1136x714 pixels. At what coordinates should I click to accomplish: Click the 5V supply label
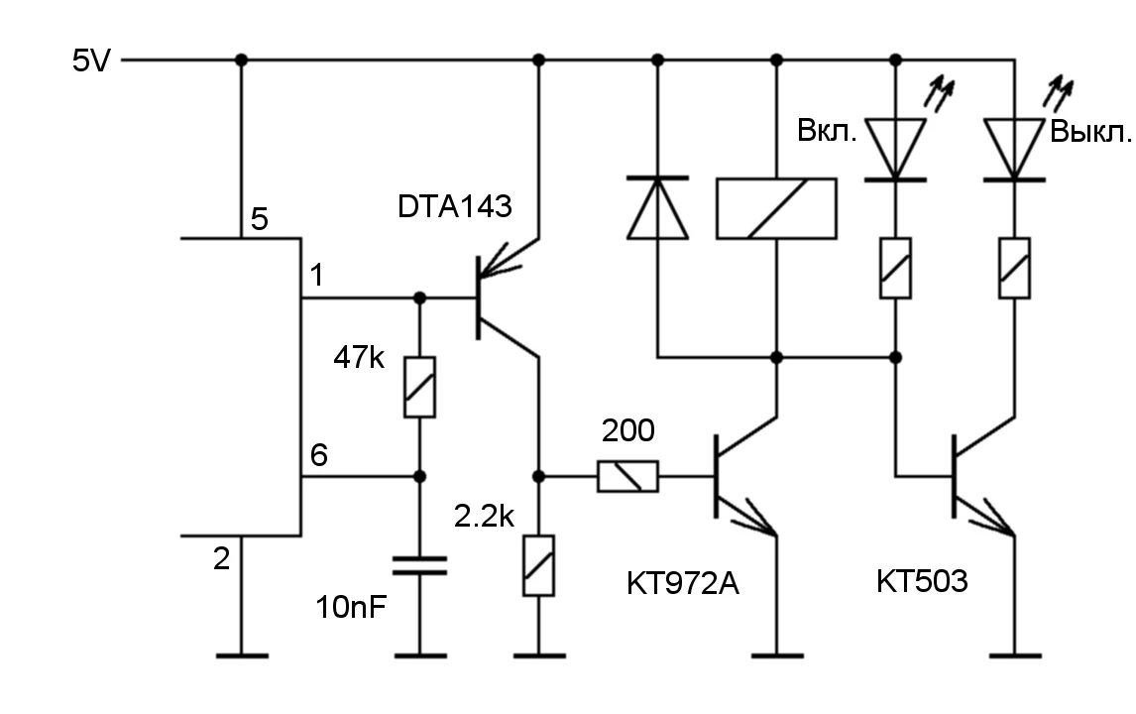point(92,60)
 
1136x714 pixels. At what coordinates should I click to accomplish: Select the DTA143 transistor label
point(455,207)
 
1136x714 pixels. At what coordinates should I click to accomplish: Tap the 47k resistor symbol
point(419,387)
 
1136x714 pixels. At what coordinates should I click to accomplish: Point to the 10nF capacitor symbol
point(419,566)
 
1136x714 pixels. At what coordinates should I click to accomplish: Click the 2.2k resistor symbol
point(538,565)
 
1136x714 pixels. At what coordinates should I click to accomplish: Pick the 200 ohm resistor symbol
point(627,477)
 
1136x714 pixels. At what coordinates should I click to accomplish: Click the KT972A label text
point(683,583)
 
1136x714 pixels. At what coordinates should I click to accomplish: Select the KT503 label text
point(921,581)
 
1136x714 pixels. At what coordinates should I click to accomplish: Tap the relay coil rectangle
point(776,208)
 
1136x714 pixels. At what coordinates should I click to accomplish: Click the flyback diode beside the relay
point(657,208)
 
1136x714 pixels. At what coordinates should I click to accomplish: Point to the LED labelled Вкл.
point(895,149)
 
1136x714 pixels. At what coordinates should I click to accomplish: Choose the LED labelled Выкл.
point(1014,149)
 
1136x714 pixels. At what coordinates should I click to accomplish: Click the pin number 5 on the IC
point(259,219)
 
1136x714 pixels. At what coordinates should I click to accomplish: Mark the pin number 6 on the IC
point(318,456)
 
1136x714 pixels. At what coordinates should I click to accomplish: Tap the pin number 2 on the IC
point(221,559)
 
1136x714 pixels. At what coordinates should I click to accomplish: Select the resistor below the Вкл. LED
point(895,268)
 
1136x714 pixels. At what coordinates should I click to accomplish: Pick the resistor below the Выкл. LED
point(1014,268)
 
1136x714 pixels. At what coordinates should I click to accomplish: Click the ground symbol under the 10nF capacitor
point(419,655)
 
